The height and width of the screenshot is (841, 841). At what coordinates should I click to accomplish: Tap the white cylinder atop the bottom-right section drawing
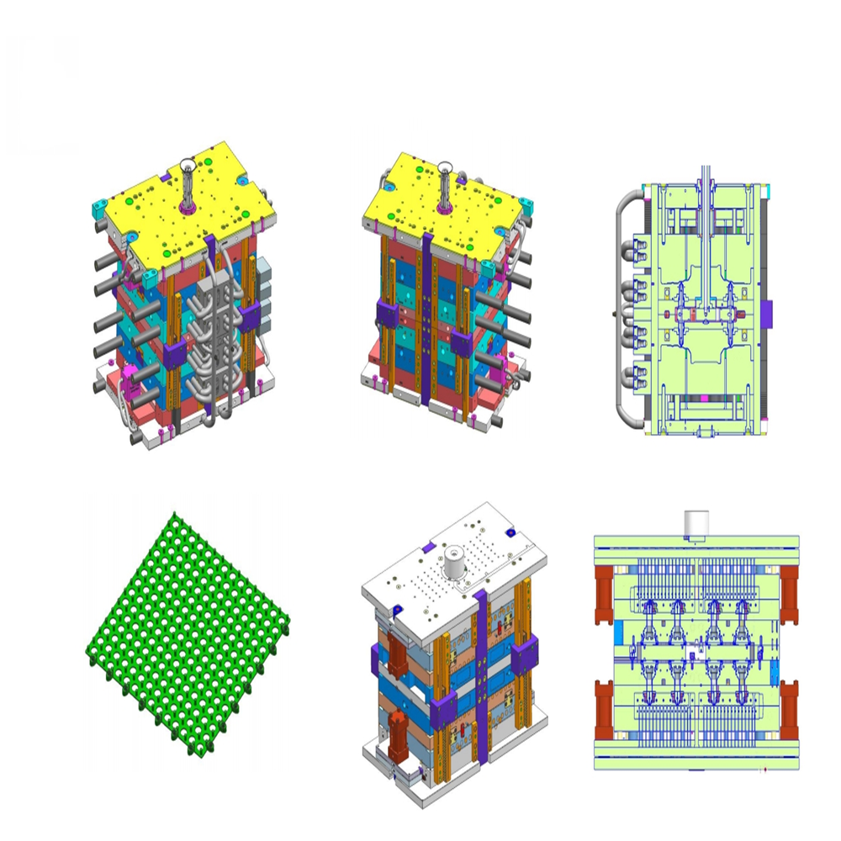[x=698, y=523]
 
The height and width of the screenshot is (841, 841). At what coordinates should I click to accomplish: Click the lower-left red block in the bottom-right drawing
[x=606, y=706]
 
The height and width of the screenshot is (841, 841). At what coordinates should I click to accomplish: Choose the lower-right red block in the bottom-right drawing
[x=789, y=706]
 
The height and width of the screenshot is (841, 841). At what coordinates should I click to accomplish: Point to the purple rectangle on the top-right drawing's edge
[x=766, y=313]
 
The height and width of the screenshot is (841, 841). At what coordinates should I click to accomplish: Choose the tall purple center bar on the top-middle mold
[x=427, y=328]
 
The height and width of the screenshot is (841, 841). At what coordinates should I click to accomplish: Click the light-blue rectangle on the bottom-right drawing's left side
[x=620, y=630]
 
